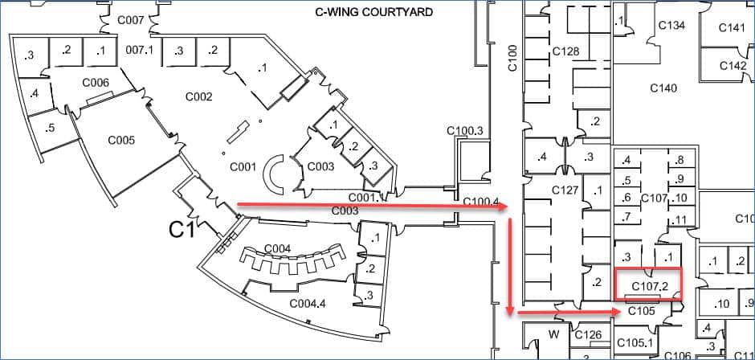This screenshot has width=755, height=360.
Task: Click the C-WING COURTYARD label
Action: (x=373, y=12)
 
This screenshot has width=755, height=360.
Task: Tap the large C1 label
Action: (x=182, y=231)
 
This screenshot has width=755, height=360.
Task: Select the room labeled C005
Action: (x=121, y=141)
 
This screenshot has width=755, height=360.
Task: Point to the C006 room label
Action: (x=96, y=83)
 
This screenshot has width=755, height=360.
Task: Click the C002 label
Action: (x=199, y=97)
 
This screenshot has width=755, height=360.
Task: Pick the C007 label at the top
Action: (x=130, y=21)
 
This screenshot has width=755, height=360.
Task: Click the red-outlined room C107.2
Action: (x=649, y=284)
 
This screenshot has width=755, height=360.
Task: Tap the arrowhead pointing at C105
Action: (x=614, y=313)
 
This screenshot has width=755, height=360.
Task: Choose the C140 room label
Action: (x=663, y=88)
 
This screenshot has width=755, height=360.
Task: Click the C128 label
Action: (x=565, y=51)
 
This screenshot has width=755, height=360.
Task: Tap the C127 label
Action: (x=565, y=190)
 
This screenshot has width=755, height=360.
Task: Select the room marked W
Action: (x=553, y=333)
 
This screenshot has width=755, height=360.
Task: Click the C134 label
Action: (x=671, y=26)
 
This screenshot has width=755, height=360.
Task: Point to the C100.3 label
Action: (x=465, y=131)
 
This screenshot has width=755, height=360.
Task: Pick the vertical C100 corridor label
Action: (x=512, y=59)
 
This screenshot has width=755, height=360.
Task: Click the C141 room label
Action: (x=732, y=28)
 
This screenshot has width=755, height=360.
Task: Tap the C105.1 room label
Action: (x=635, y=342)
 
